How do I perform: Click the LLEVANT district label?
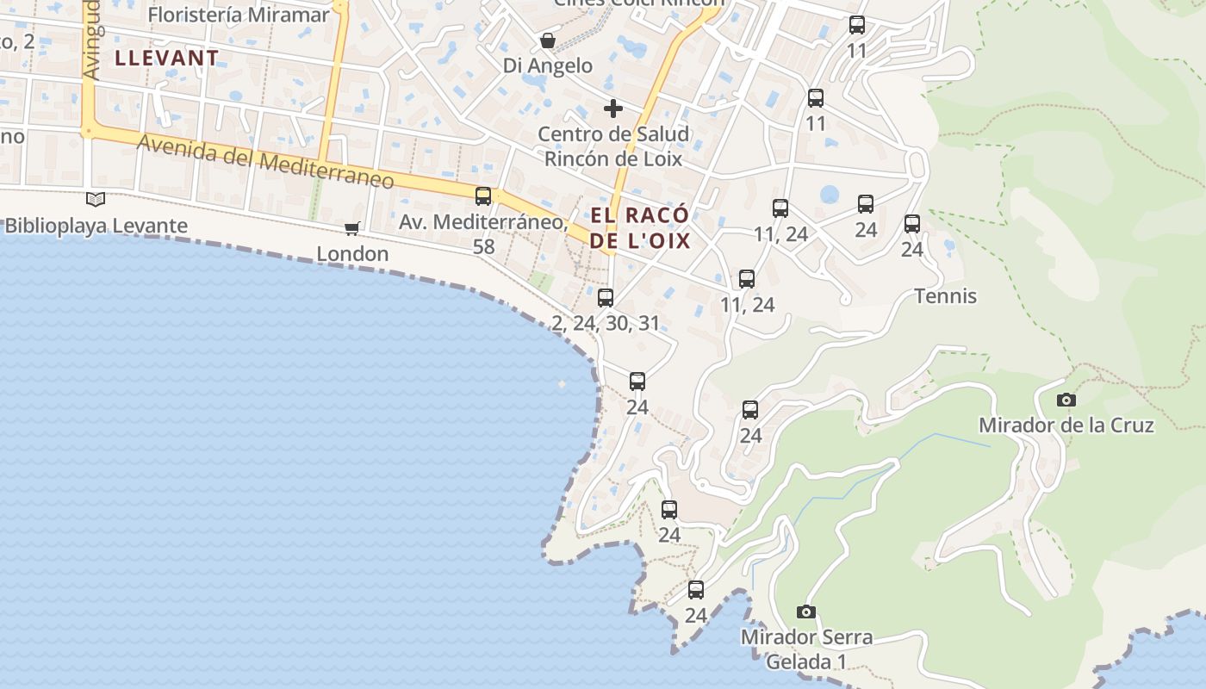coord(166,59)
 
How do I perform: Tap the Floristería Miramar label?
coord(239,14)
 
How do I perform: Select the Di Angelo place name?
coord(548,65)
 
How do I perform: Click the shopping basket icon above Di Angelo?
coord(547,40)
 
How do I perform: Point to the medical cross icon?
coord(612,109)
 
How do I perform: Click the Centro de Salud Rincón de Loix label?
coord(612,146)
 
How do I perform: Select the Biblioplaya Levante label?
coord(96,226)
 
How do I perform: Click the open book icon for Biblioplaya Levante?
coord(96,200)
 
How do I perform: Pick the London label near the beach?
coord(352,253)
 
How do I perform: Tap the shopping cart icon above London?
coord(351,228)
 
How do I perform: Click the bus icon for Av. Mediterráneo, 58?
coord(483,196)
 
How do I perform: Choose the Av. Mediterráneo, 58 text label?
coord(483,233)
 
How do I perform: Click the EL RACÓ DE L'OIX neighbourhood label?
coord(640,227)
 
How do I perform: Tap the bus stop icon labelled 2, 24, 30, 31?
coord(606,298)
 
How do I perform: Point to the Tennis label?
coord(945,296)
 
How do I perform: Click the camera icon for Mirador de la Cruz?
coord(1066,400)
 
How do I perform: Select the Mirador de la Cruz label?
coord(1066,425)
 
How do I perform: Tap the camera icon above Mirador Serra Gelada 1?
coord(806,611)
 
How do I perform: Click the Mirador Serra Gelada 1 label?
coord(806,649)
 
